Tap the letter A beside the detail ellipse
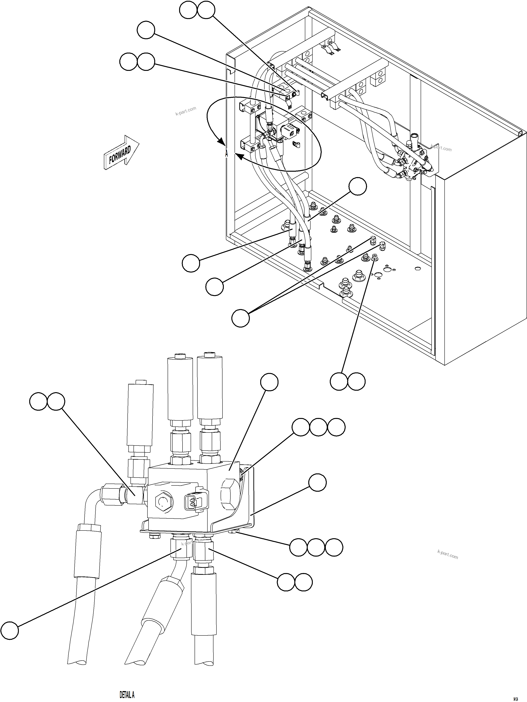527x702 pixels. pyautogui.click(x=226, y=154)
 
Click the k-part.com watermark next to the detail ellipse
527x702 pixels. pyautogui.click(x=186, y=111)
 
